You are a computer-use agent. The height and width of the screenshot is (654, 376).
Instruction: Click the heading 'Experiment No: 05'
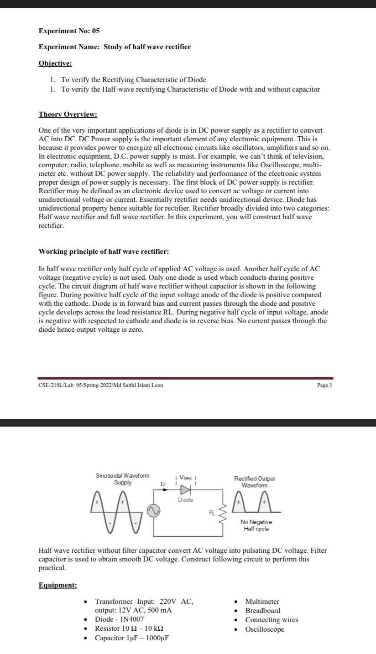point(69,31)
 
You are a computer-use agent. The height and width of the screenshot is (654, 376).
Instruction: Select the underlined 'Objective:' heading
point(55,63)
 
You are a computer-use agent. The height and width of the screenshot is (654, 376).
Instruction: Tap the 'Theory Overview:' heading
point(68,114)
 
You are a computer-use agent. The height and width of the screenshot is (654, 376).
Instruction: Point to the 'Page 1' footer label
point(324,385)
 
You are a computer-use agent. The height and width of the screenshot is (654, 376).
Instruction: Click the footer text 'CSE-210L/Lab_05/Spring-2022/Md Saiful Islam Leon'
point(100,385)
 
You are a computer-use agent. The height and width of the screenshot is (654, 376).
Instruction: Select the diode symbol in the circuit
point(185,490)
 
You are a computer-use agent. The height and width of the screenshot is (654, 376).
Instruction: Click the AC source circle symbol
point(153,513)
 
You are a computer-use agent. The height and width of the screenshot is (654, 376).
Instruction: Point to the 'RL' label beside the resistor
point(212,513)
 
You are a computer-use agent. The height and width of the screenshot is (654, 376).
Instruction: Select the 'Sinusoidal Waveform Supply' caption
point(122,479)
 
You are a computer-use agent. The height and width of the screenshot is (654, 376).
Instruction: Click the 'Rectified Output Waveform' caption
point(254,482)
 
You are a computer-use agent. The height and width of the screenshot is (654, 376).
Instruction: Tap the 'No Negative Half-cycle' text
point(256,525)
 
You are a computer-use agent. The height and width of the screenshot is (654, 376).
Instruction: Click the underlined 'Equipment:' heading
point(57,585)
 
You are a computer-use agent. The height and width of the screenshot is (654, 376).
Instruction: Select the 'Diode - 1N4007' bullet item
point(119,619)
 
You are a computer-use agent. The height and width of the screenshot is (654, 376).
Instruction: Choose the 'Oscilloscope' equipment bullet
point(264,629)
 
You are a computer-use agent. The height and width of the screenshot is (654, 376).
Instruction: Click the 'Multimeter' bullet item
point(262,602)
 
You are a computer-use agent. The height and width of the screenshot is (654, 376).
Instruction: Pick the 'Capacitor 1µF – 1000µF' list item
point(131,638)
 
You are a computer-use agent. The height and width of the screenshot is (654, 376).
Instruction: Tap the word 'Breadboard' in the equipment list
point(263,611)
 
